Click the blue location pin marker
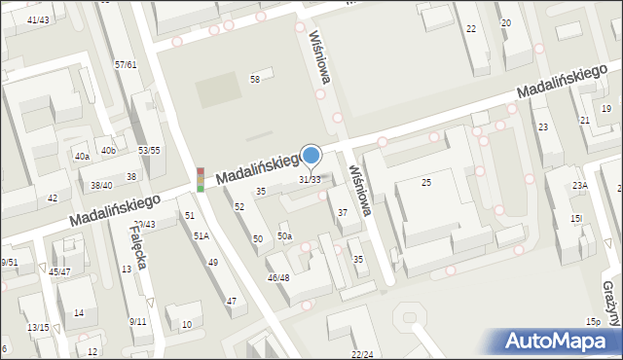[x=311, y=156]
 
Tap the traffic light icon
[x=201, y=178]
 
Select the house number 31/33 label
[x=310, y=180]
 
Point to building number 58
[x=255, y=79]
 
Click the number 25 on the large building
[x=425, y=183]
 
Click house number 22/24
[x=362, y=354]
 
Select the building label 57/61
[x=126, y=64]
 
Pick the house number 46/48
[x=278, y=278]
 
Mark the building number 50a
[x=284, y=235]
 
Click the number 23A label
[x=580, y=186]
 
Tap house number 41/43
[x=39, y=19]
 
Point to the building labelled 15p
[x=592, y=321]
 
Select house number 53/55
[x=149, y=150]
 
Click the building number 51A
[x=201, y=235]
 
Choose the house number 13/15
[x=38, y=328]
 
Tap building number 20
[x=505, y=22]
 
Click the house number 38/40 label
[x=101, y=185]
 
